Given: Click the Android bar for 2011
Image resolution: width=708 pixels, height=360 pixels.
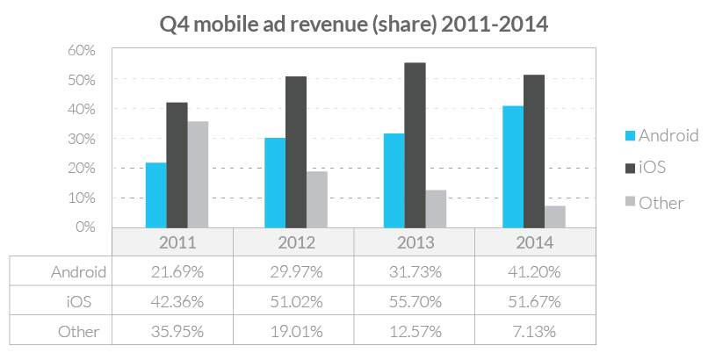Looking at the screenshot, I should click(156, 195).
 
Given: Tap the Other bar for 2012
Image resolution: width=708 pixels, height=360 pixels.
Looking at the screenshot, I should click(317, 199).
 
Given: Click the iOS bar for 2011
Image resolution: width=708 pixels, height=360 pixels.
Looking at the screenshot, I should click(177, 164).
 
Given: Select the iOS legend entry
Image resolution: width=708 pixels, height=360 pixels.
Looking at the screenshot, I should click(653, 169).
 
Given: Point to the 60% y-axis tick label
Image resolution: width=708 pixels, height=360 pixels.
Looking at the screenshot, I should click(81, 50).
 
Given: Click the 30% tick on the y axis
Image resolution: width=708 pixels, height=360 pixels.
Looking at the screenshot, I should click(81, 139).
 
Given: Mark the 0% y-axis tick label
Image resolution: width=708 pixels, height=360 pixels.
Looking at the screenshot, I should click(84, 227).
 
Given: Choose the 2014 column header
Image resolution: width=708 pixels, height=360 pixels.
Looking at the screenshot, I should click(535, 242).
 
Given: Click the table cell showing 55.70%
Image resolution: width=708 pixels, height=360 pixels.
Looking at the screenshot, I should click(415, 301).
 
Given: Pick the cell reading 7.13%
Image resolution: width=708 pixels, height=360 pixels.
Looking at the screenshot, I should click(535, 331).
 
